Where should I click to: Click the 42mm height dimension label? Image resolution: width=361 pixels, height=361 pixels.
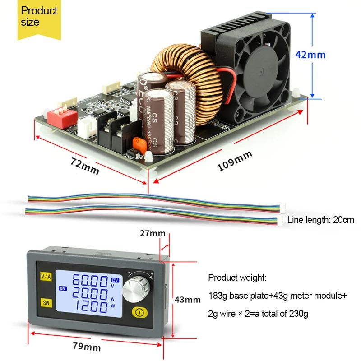tap(310, 55)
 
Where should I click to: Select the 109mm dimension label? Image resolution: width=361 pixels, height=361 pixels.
tap(235, 161)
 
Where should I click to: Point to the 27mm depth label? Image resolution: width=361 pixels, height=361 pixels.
tap(153, 233)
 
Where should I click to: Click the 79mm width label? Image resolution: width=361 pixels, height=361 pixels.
tap(87, 347)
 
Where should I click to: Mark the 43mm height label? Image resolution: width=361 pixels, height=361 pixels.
tap(187, 299)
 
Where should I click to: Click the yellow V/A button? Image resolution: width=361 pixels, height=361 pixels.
tap(46, 276)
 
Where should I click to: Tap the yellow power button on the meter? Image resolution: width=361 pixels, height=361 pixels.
tap(138, 311)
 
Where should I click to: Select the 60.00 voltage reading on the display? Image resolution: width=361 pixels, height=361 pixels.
tap(89, 282)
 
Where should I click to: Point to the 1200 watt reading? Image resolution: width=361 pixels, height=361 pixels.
tap(89, 308)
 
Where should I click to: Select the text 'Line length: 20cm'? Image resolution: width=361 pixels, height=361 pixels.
tap(320, 220)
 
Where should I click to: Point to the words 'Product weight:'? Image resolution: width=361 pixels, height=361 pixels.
tap(237, 278)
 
